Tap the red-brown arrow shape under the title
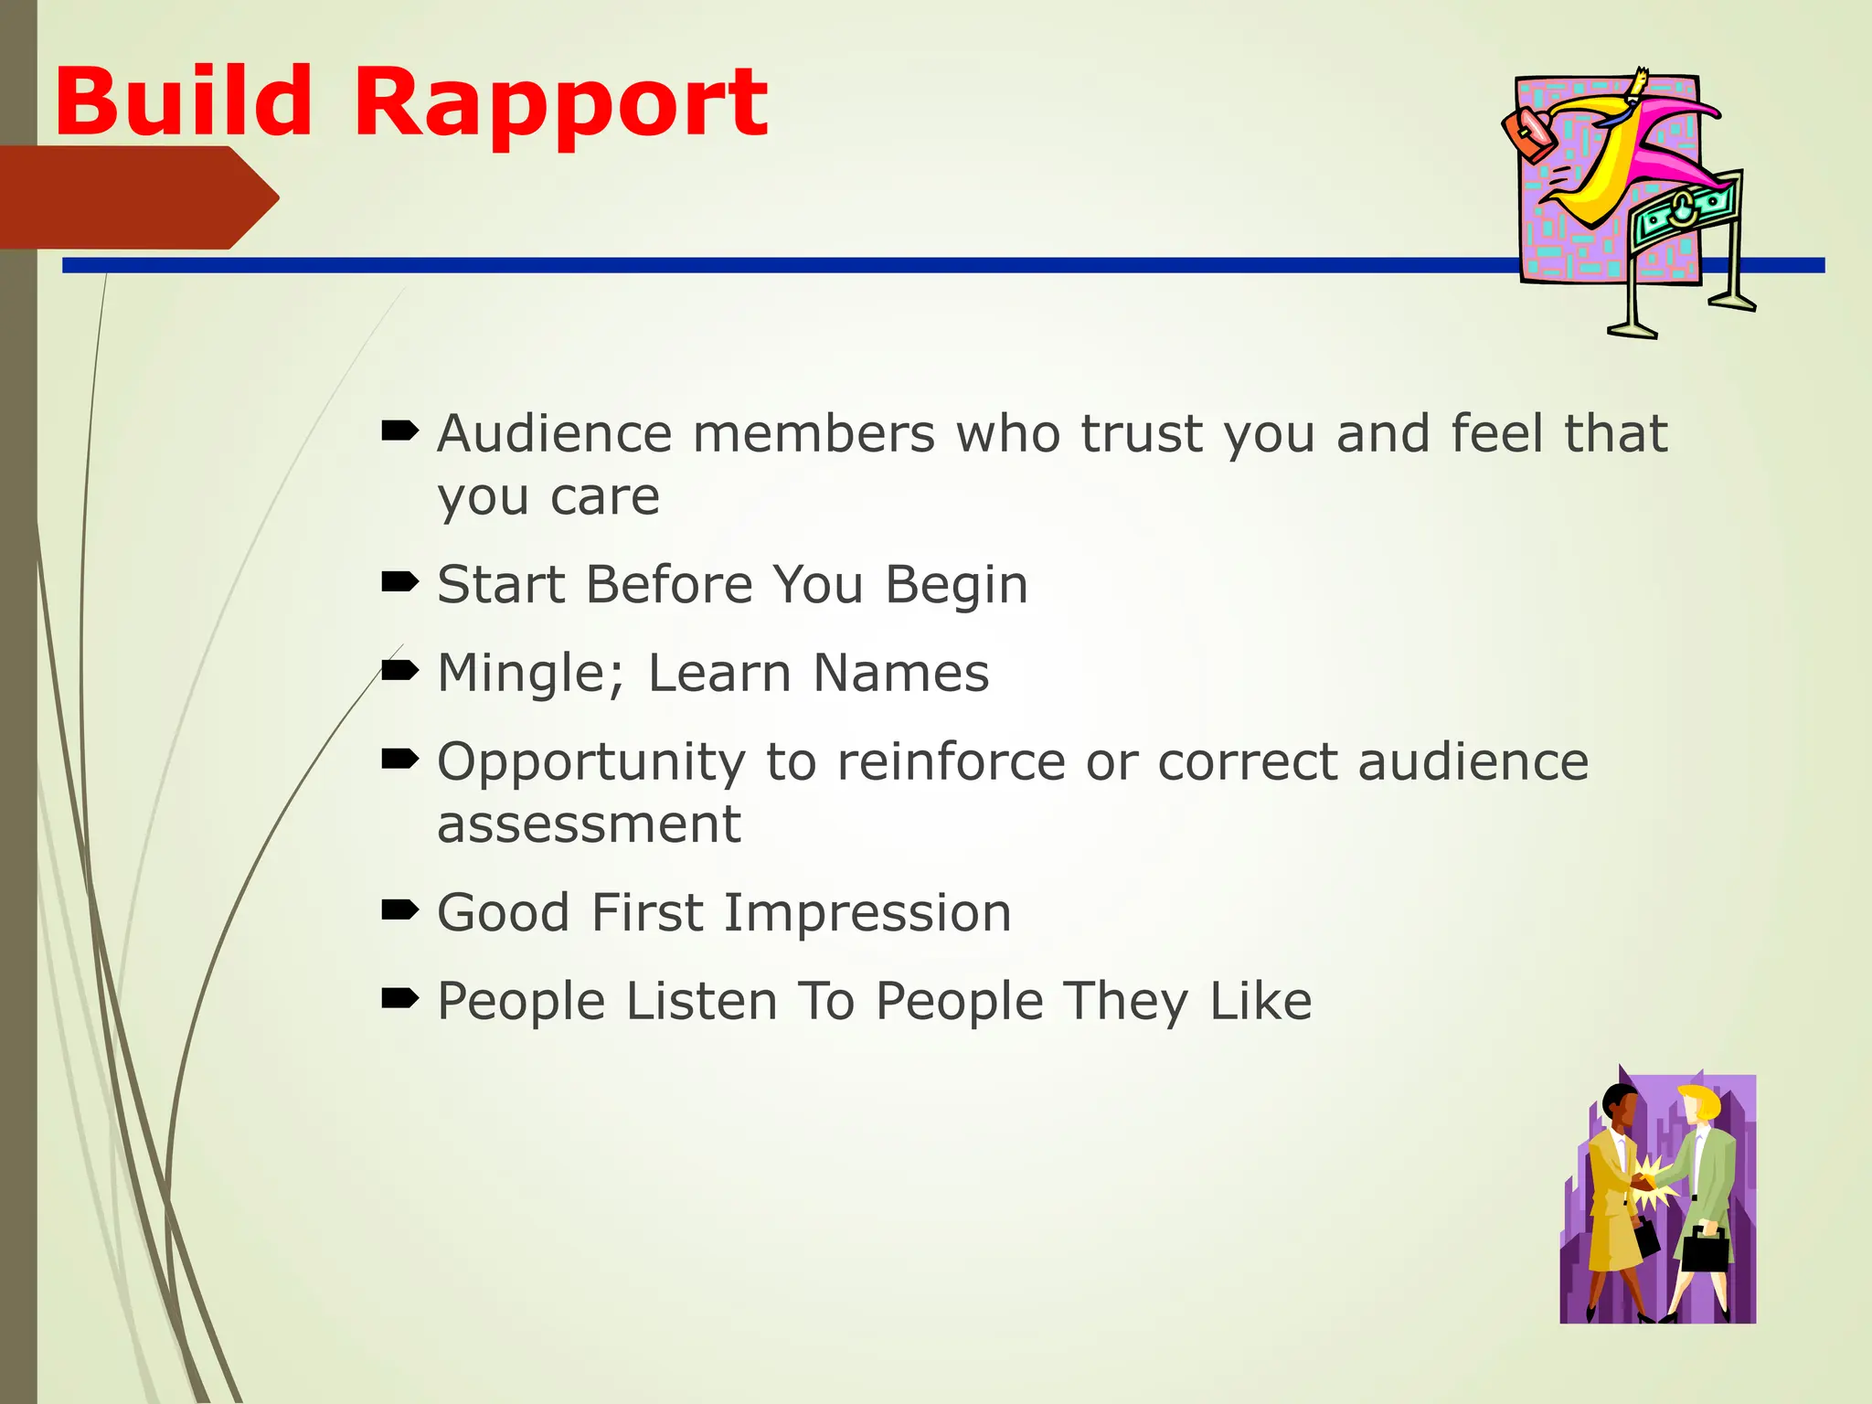click(137, 197)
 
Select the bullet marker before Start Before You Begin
click(399, 581)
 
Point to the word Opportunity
click(590, 763)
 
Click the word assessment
click(589, 824)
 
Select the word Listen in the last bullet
click(702, 1001)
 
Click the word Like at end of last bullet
click(1260, 1001)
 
